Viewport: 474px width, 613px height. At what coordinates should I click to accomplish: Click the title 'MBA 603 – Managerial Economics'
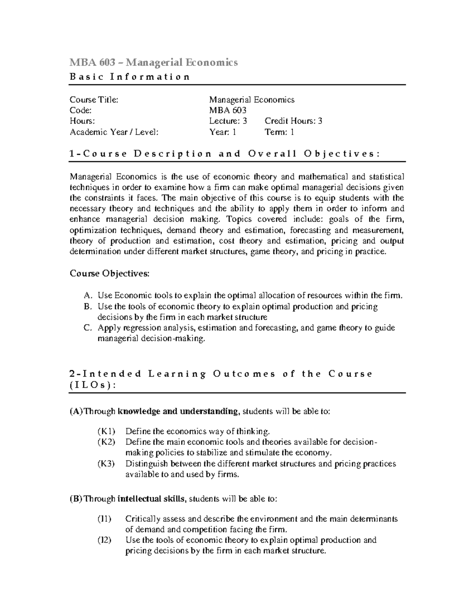coord(154,62)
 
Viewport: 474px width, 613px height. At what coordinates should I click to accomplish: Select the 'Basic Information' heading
coord(130,77)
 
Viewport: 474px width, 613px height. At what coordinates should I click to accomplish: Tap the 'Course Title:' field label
coord(94,99)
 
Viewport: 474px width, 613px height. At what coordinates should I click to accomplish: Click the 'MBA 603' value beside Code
coord(228,111)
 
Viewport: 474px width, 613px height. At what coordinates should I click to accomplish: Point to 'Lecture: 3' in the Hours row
coord(228,121)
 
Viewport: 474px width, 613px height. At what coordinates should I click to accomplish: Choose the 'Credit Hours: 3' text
coord(293,121)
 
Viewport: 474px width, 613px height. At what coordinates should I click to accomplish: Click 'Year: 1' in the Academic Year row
coord(222,132)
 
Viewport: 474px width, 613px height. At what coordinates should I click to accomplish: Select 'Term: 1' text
coord(279,132)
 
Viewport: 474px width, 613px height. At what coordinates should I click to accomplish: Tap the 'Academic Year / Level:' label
coord(114,132)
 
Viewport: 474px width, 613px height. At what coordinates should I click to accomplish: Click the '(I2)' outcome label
coord(105,540)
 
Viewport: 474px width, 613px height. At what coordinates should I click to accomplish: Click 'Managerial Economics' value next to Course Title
coord(252,99)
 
